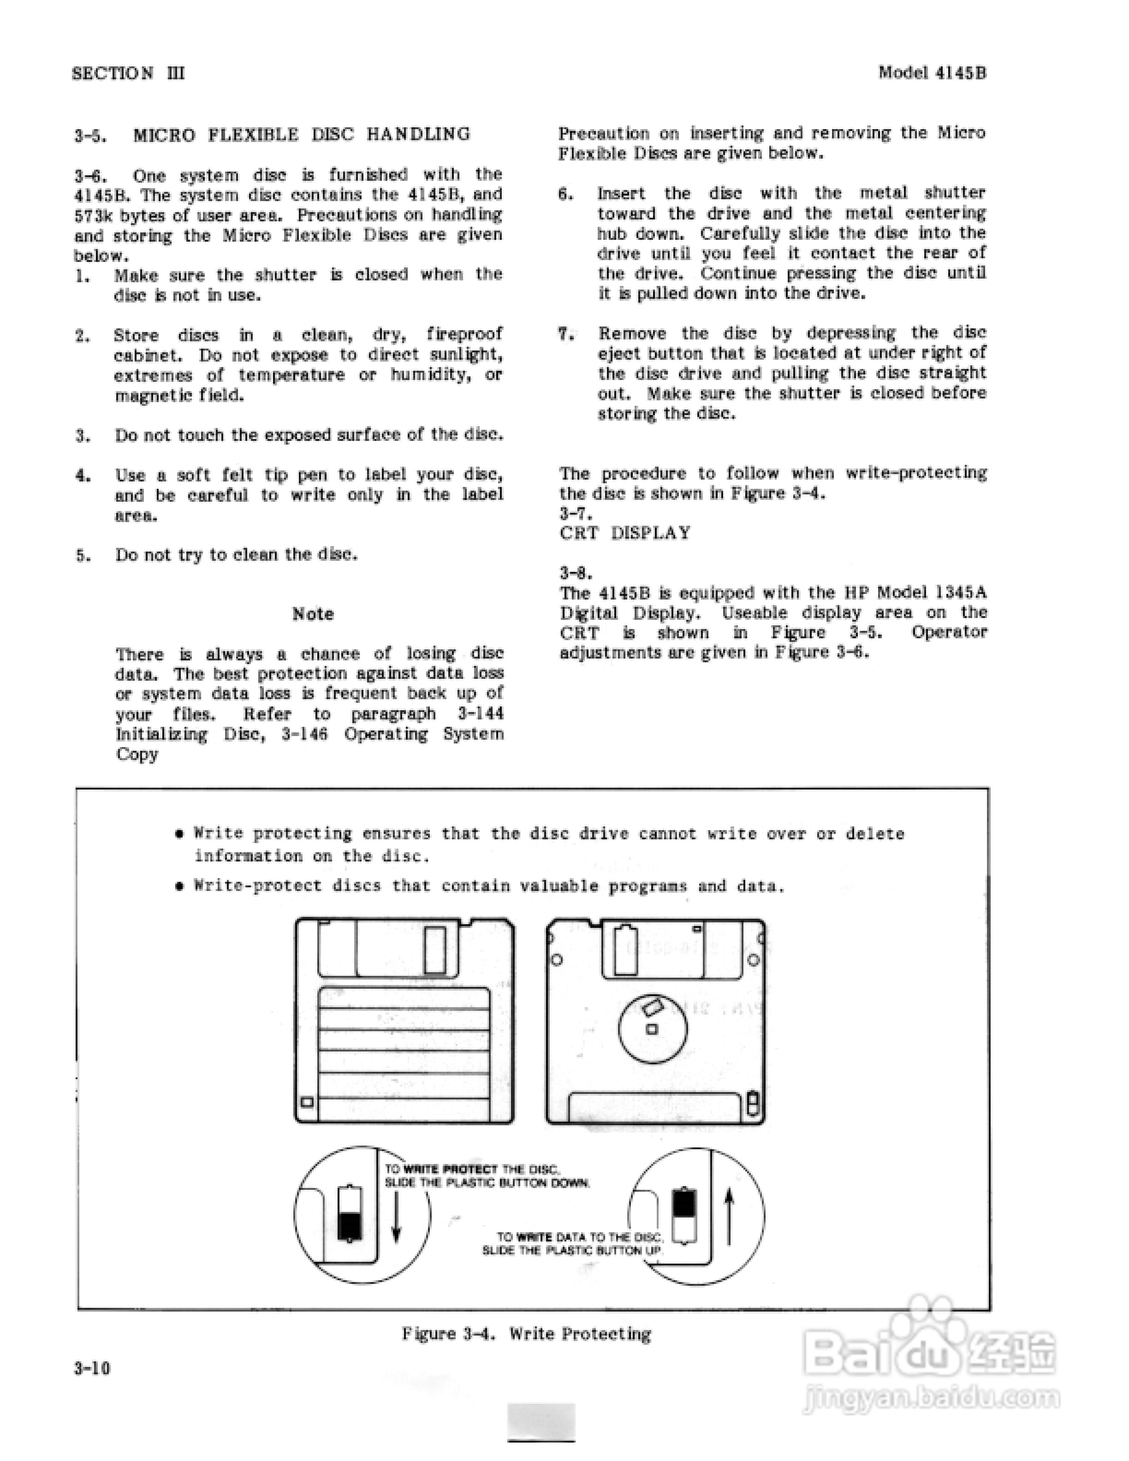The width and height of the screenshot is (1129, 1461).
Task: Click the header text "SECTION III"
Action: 128,73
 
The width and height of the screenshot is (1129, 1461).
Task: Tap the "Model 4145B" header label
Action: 932,72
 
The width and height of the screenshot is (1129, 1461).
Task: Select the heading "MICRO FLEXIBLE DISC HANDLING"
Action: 302,135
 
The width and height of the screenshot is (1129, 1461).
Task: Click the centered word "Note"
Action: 312,613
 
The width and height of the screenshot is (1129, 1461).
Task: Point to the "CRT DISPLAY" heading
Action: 625,533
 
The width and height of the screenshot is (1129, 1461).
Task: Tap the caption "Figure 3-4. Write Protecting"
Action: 526,1333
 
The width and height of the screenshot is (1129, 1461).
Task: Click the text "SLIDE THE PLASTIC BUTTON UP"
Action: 572,1250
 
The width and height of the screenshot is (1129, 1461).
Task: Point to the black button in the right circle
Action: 683,1202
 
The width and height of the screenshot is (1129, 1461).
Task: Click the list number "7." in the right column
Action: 566,333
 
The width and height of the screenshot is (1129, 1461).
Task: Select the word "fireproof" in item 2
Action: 464,334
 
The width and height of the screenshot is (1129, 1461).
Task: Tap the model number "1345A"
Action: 961,592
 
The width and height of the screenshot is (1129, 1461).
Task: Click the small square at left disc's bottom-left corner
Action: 308,1102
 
